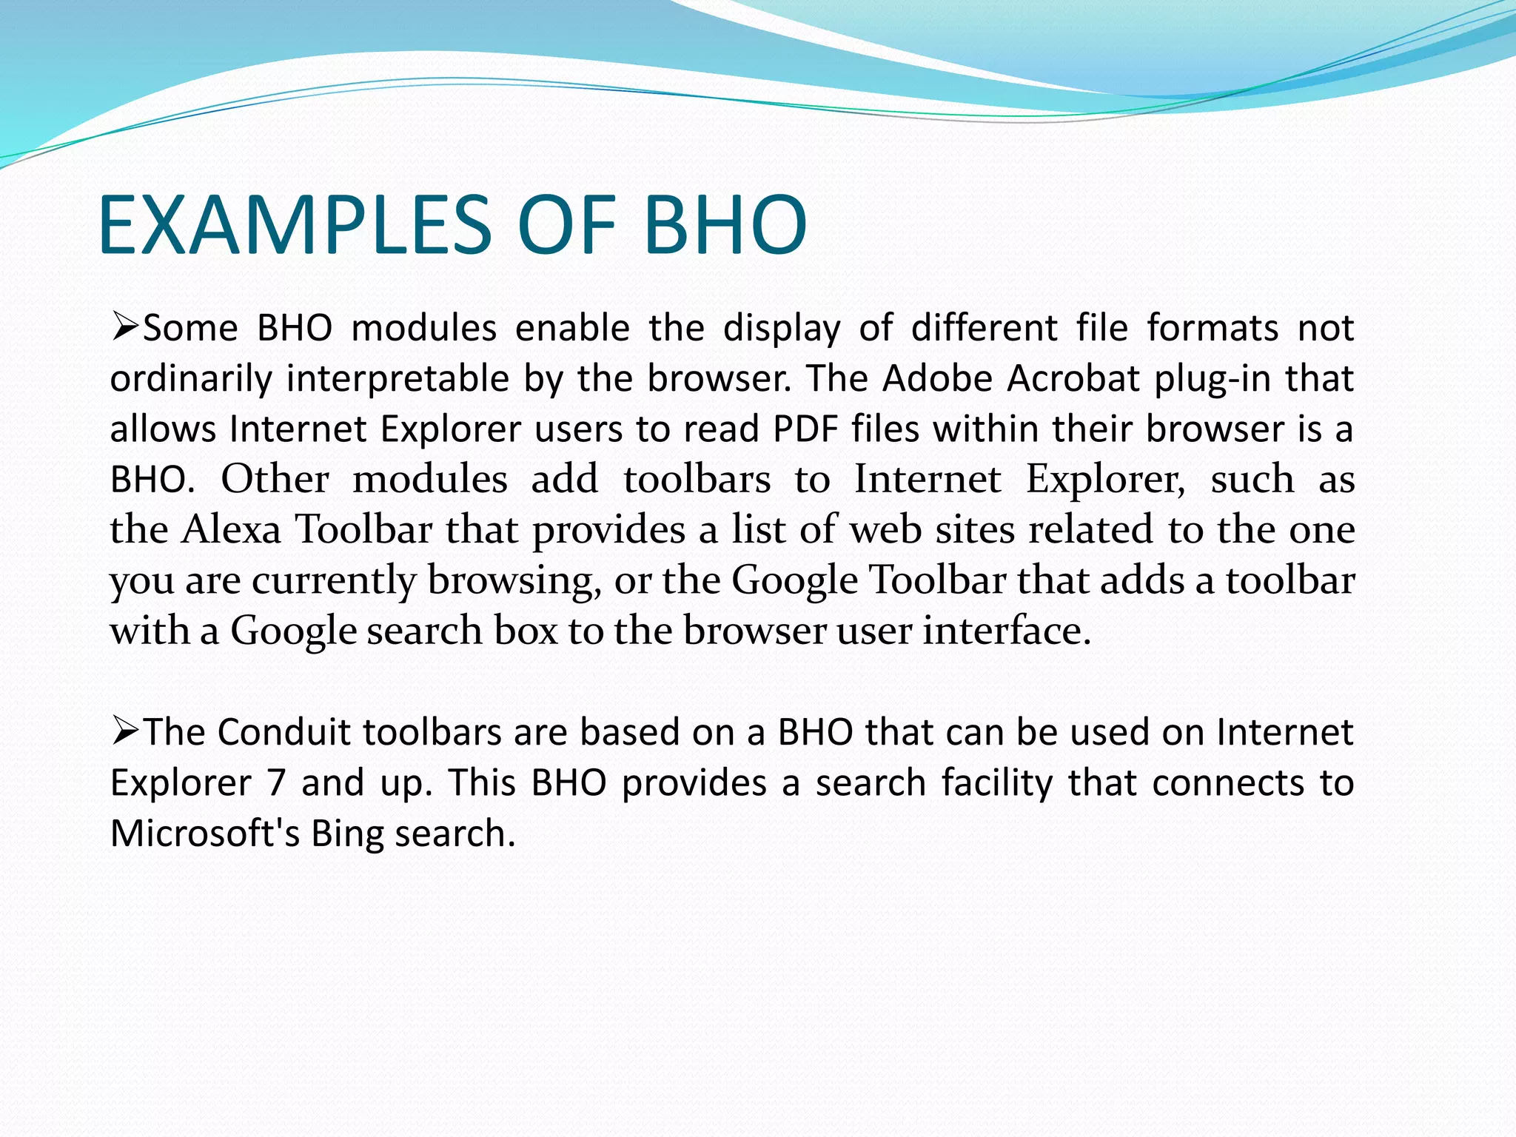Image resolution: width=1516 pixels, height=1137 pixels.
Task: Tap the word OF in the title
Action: coord(568,225)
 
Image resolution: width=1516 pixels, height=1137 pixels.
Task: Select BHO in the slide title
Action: coord(725,225)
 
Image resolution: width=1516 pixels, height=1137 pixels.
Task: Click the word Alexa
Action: coord(231,529)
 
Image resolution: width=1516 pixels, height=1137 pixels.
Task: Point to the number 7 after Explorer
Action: coord(277,783)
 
